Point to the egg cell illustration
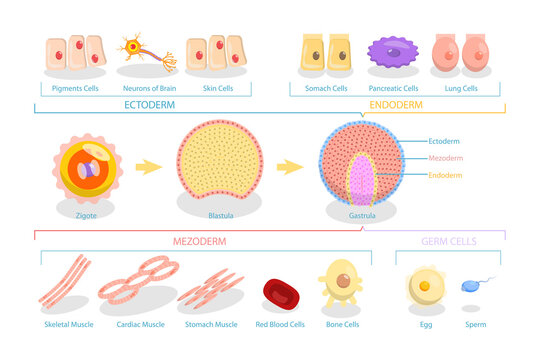coord(425,286)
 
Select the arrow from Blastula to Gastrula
coord(291,166)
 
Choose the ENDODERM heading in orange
coord(396,105)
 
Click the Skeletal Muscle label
coord(71,325)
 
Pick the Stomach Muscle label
coord(212,325)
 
